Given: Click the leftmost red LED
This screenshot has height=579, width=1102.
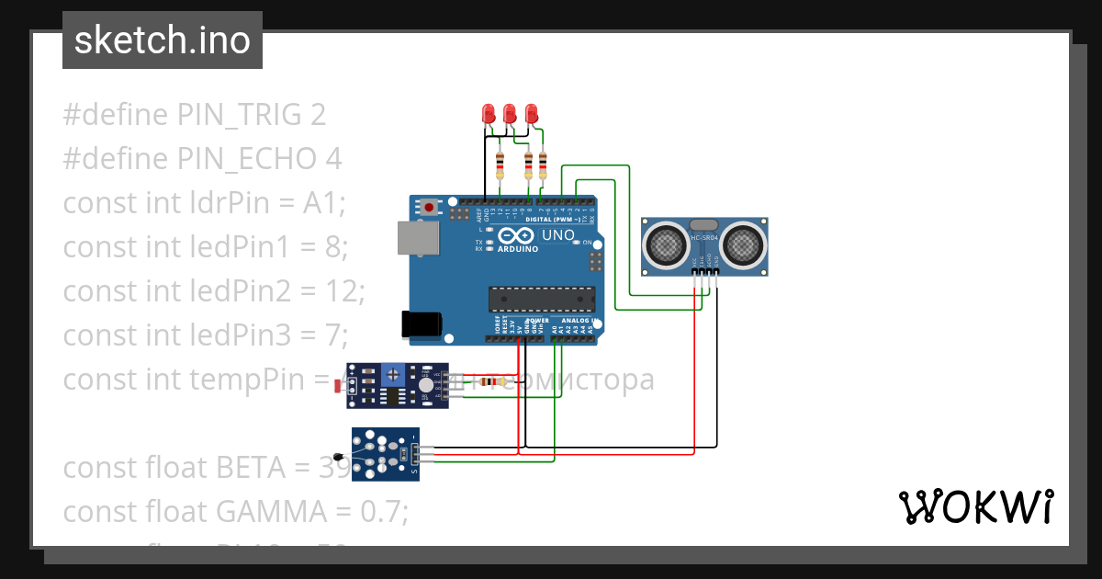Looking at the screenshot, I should [489, 114].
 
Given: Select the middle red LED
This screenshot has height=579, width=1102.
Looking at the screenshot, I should [510, 114].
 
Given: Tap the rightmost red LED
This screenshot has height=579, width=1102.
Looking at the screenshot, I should [531, 114].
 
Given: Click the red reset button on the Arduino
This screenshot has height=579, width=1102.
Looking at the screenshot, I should [429, 208].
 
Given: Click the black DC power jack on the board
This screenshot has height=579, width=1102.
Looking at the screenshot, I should [422, 324].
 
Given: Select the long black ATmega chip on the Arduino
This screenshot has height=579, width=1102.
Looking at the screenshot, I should [541, 299].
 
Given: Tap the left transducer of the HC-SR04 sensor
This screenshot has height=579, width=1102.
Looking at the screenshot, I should [664, 244].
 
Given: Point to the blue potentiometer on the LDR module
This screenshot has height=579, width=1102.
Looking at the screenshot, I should [394, 374].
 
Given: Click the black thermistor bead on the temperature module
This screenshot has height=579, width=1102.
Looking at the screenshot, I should [340, 457].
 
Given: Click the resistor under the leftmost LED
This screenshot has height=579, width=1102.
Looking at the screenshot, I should [500, 166].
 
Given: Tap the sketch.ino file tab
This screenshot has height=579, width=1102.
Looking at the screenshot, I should [163, 40].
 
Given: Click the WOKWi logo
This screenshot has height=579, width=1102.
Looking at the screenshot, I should [975, 507].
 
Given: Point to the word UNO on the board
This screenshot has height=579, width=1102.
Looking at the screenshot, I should [557, 235].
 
